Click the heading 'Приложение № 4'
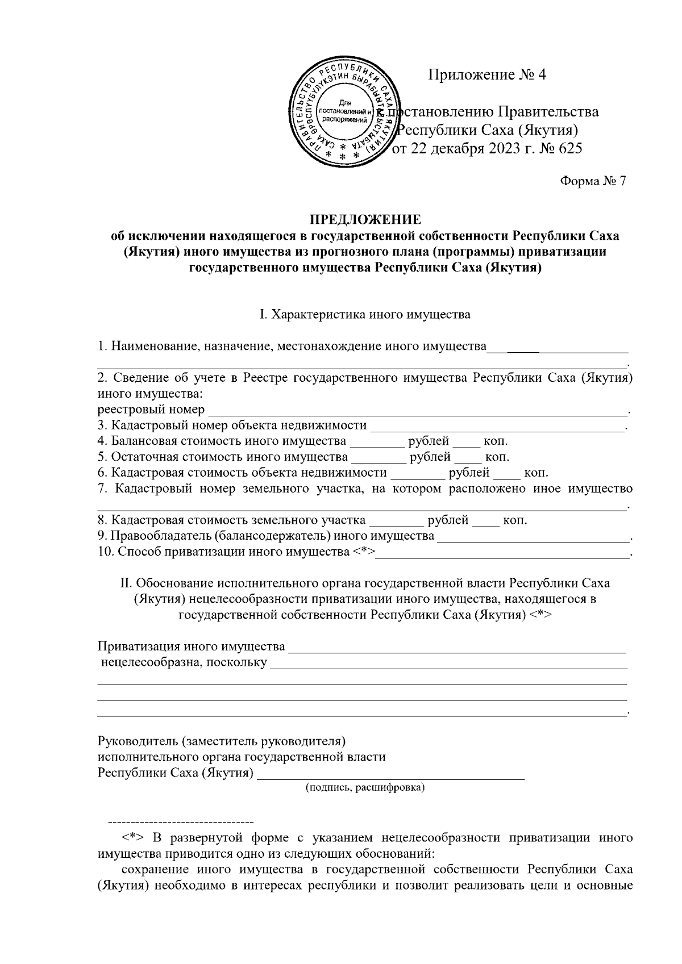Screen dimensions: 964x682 point(486,74)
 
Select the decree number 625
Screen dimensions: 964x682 point(571,149)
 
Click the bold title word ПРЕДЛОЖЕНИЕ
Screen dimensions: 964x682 point(365,219)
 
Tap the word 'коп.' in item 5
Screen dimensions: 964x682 point(497,457)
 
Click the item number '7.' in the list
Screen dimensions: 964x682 point(103,489)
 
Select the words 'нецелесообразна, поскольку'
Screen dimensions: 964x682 point(184,662)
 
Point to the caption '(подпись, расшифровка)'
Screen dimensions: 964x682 point(365,788)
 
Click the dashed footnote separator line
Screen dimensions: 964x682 point(181,822)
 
